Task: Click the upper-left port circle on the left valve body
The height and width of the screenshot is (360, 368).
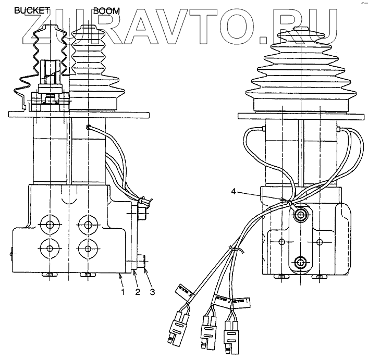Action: coord(51,225)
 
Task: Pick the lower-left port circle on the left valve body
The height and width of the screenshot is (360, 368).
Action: coord(51,247)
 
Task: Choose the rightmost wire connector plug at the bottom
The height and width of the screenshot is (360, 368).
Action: coord(231,336)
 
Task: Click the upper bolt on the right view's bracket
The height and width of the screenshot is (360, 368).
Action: coord(300,215)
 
